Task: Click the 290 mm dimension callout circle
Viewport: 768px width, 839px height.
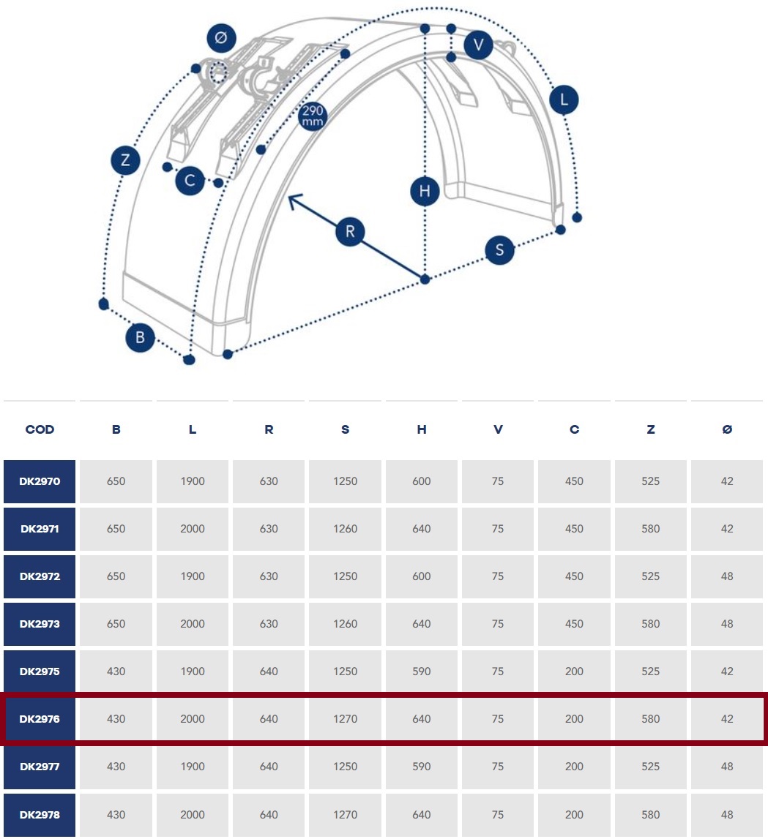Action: coord(313,116)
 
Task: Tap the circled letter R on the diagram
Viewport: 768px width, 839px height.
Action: coord(350,232)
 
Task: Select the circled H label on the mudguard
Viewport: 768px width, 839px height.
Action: coord(425,191)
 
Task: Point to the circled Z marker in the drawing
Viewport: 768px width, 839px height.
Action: coord(125,160)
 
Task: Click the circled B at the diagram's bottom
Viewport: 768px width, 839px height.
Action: coord(141,338)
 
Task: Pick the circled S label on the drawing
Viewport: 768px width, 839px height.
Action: coord(500,250)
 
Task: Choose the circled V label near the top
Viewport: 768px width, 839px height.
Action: coord(478,45)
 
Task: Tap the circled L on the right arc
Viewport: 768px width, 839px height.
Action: coord(564,99)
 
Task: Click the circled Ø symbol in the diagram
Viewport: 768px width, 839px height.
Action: coord(221,37)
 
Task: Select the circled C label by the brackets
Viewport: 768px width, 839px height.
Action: coord(190,181)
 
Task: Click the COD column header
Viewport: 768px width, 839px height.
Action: coord(40,429)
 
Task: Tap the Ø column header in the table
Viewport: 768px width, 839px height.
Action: coord(727,429)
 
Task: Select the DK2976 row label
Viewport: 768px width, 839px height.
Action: coord(40,719)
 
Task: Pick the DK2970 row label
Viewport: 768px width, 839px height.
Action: coord(40,481)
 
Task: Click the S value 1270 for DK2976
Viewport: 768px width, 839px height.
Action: coord(345,719)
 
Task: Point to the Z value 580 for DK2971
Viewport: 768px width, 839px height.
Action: coord(651,529)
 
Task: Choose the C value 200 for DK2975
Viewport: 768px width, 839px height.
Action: coord(574,671)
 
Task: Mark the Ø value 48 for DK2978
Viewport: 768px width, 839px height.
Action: coord(727,814)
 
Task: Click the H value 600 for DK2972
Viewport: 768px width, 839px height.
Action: coord(422,576)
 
